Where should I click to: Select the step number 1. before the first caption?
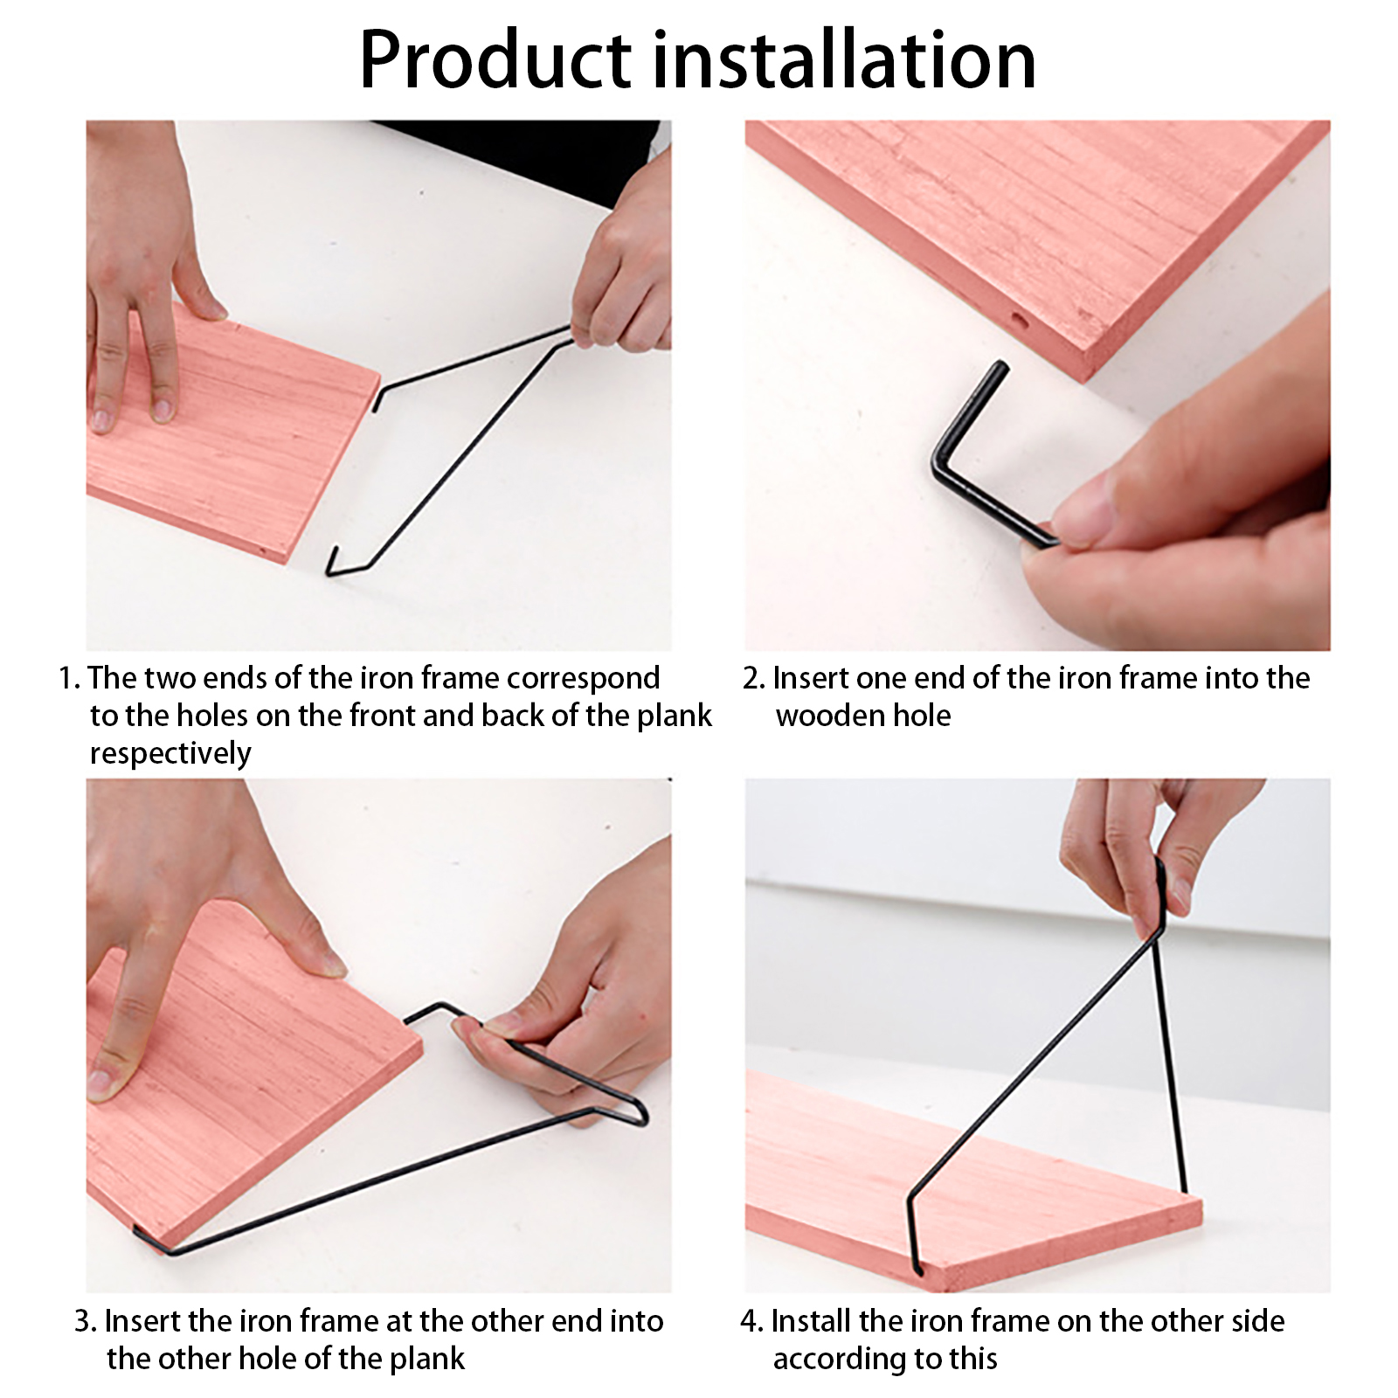pos(70,679)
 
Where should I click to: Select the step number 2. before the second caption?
pos(754,679)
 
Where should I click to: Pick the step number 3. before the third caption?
pos(86,1322)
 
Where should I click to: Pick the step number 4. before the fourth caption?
pos(752,1322)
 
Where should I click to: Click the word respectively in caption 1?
pos(170,754)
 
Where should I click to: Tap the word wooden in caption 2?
pos(829,716)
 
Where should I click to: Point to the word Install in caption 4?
pos(810,1321)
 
